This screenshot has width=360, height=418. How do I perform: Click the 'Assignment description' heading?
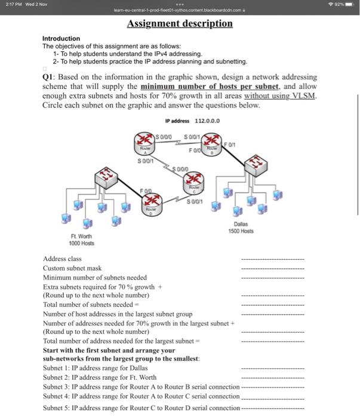point(180,24)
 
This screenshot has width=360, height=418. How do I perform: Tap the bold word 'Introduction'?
point(61,38)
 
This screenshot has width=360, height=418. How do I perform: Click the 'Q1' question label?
point(50,78)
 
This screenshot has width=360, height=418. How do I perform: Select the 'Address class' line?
point(62,259)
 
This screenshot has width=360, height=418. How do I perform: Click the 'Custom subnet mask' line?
point(72,268)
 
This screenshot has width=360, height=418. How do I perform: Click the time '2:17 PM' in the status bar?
point(13,5)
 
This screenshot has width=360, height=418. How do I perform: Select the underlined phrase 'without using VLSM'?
point(284,96)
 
